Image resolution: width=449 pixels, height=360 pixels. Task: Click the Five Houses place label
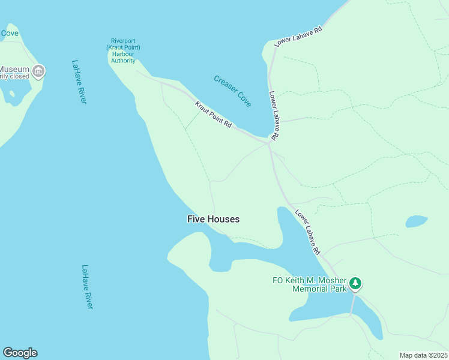pyautogui.click(x=213, y=220)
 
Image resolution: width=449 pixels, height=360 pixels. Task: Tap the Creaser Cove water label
pyautogui.click(x=232, y=91)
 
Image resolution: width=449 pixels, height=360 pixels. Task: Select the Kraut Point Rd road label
pyautogui.click(x=213, y=114)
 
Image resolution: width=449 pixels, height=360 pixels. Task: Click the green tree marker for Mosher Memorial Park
pyautogui.click(x=355, y=283)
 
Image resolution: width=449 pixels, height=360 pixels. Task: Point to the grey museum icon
pyautogui.click(x=38, y=71)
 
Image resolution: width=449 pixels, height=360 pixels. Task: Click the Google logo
pyautogui.click(x=20, y=353)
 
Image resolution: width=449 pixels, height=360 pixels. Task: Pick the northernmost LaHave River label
pyautogui.click(x=79, y=82)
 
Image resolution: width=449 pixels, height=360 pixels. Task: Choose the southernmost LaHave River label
pyautogui.click(x=88, y=287)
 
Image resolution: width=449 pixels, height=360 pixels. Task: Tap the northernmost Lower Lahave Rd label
pyautogui.click(x=298, y=36)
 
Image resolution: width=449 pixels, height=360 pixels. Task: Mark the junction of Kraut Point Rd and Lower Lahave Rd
pyautogui.click(x=270, y=143)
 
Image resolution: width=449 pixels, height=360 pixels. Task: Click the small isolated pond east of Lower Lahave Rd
pyautogui.click(x=416, y=221)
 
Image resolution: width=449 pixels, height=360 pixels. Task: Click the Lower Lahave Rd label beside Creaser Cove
pyautogui.click(x=273, y=116)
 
